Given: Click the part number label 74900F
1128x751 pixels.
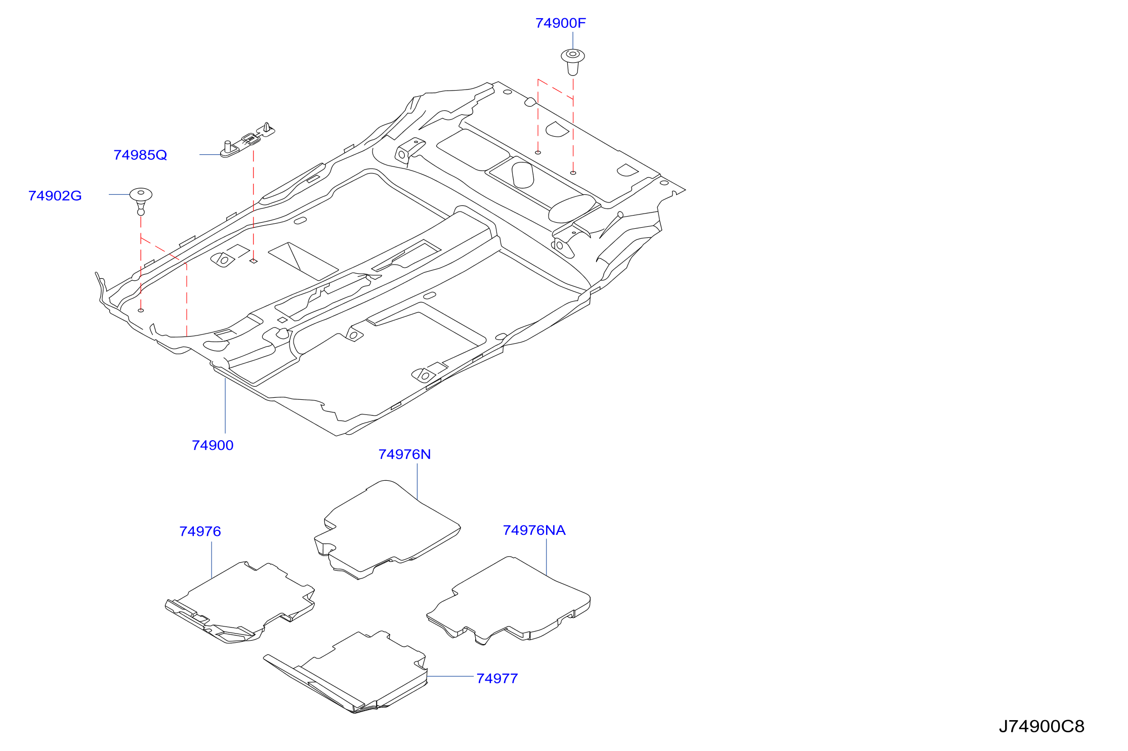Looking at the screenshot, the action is [x=560, y=23].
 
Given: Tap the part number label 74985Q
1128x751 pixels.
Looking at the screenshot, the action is [x=140, y=155].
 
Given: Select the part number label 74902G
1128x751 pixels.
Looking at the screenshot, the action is [x=55, y=196].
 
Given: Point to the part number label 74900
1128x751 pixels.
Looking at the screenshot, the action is [x=213, y=445].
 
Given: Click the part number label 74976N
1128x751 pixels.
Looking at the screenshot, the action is [x=404, y=454].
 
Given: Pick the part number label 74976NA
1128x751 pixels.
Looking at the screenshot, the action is [x=534, y=530].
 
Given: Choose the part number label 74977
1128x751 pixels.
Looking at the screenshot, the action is [x=497, y=679].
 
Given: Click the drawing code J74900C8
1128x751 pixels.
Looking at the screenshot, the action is [x=1041, y=727].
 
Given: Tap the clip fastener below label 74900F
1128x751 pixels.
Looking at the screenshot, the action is [x=573, y=62].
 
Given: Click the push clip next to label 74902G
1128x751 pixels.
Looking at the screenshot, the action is [x=141, y=200].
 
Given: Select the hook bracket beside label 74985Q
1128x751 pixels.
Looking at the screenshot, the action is [x=247, y=140].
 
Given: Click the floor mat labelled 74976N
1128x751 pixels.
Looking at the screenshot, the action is [x=387, y=529].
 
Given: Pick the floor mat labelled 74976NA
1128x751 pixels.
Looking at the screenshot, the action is [x=509, y=600].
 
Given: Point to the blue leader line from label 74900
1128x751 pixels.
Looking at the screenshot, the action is [x=225, y=405].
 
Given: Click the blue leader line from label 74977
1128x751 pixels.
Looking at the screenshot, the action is [x=450, y=676].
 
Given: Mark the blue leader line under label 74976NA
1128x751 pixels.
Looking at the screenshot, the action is [x=547, y=557].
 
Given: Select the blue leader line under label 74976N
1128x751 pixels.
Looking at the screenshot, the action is [x=417, y=482].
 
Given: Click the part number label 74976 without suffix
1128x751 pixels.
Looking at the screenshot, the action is [x=200, y=532].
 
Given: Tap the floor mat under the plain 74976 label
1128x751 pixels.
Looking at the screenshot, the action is [x=240, y=602].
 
